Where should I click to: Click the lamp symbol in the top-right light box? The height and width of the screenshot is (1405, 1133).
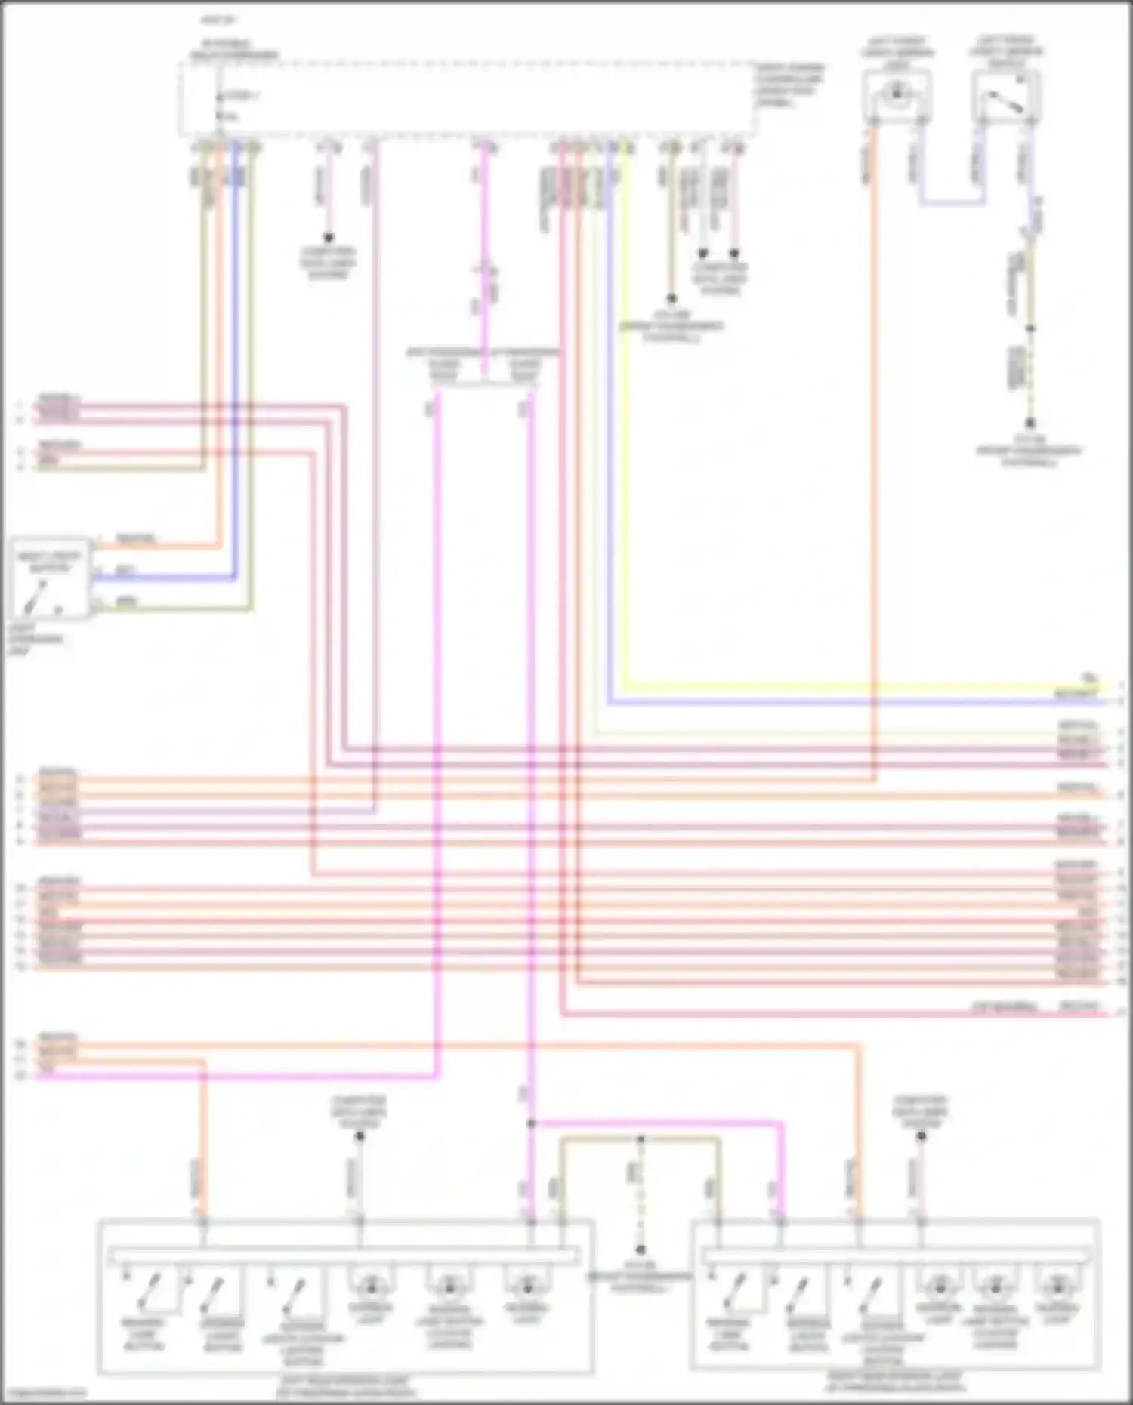897,94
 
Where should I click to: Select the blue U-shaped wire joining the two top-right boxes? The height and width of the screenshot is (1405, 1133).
952,203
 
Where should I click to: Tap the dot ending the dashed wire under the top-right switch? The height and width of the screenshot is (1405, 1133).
1030,424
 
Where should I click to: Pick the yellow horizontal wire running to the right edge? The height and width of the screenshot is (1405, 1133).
831,686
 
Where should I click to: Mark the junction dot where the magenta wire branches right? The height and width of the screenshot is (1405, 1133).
531,1123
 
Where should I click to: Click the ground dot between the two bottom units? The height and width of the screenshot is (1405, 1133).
641,1250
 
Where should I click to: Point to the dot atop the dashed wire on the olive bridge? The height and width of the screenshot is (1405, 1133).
641,1138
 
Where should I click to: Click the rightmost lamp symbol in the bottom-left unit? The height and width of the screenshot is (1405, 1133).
527,1285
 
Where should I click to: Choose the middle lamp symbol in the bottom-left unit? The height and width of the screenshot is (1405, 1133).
449,1285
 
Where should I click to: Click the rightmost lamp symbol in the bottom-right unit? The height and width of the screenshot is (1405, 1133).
1058,1285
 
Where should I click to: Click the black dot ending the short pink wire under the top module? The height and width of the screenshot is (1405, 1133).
329,238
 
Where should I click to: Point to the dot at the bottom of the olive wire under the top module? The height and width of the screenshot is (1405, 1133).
671,299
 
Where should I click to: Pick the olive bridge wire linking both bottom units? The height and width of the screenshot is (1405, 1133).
641,1139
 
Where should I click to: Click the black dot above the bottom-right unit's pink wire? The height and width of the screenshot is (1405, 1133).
921,1135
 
